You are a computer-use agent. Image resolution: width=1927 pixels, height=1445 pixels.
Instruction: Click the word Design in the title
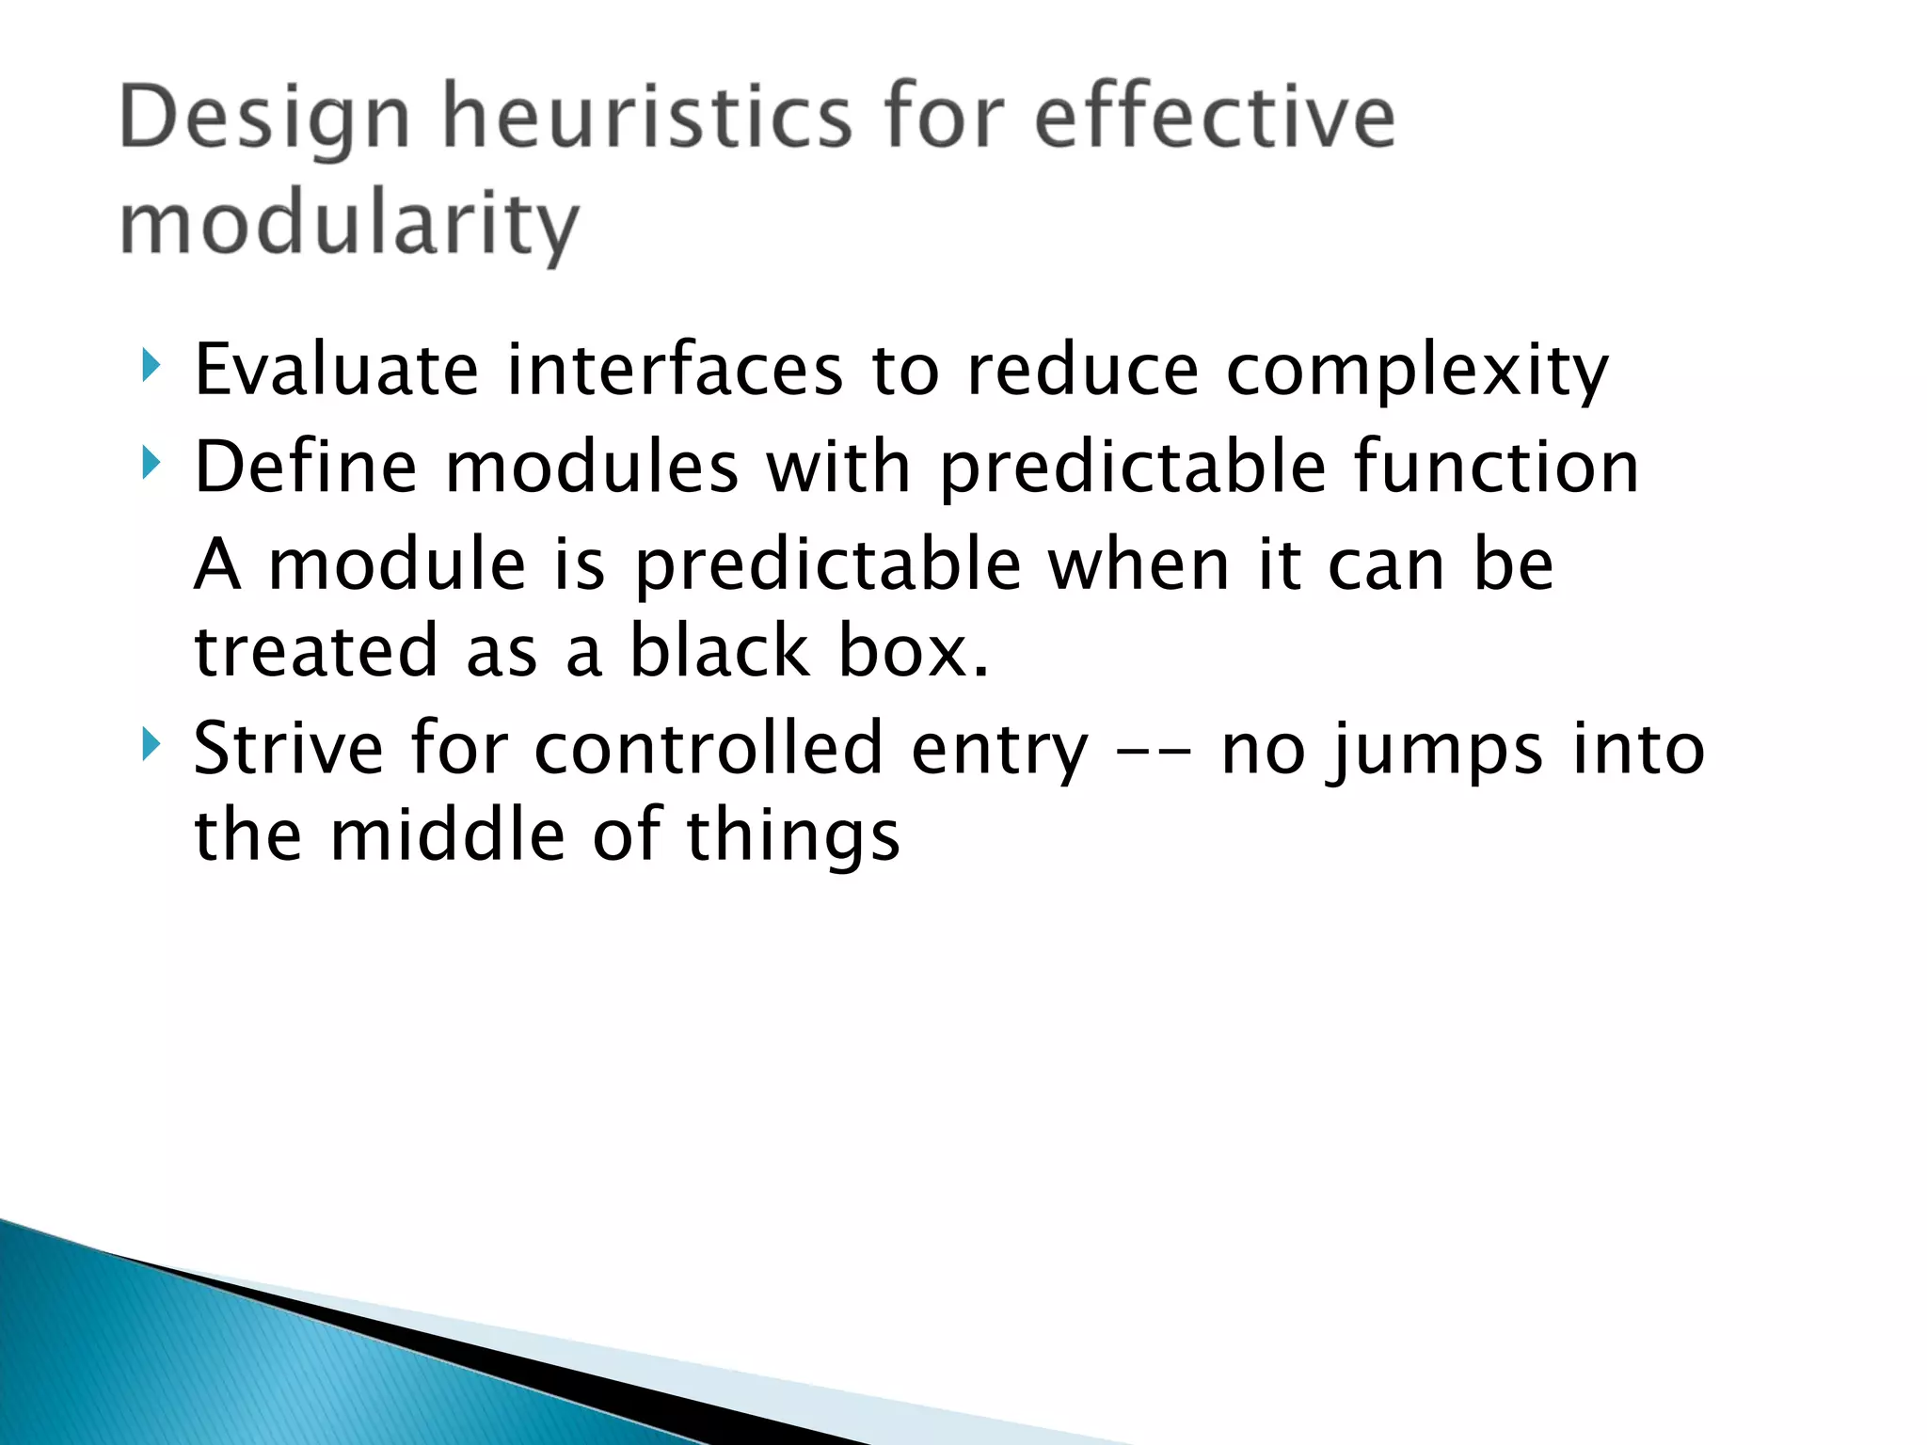265,120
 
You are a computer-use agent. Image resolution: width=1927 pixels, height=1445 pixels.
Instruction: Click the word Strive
288,749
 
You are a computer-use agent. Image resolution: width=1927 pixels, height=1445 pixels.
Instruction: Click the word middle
448,835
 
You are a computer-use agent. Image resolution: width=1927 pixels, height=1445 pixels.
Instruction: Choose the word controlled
709,749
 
